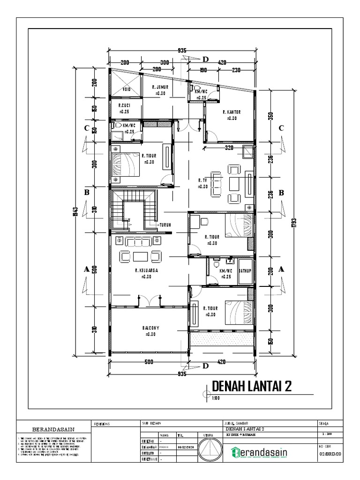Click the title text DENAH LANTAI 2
(x=253, y=386)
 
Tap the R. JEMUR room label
(x=160, y=87)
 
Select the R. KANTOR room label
(x=231, y=112)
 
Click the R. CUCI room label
(x=124, y=106)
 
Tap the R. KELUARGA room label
(x=146, y=270)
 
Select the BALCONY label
(x=150, y=328)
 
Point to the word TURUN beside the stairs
(x=165, y=225)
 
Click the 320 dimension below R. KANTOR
(x=228, y=148)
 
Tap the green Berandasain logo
(x=260, y=453)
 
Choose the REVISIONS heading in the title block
(x=102, y=423)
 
